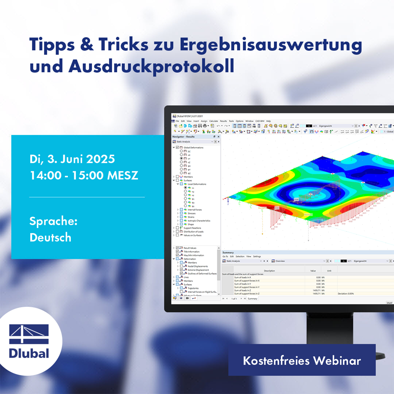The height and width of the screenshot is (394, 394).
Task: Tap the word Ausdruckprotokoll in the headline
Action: (x=151, y=66)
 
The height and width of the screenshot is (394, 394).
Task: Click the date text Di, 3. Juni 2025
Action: (x=72, y=159)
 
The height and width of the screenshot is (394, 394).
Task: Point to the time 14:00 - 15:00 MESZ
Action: (x=84, y=176)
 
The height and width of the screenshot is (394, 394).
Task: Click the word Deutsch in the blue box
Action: (x=50, y=238)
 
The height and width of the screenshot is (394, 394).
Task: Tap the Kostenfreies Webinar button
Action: (x=302, y=360)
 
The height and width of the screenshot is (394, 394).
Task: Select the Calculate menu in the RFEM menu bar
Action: (x=214, y=121)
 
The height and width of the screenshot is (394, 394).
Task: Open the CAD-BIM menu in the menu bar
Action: (x=260, y=121)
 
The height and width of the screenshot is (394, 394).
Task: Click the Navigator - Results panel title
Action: (x=183, y=136)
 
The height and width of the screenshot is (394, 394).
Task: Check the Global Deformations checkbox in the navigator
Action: (x=178, y=147)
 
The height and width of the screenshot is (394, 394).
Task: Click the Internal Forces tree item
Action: (x=195, y=210)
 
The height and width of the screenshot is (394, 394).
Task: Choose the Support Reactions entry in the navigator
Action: (x=193, y=228)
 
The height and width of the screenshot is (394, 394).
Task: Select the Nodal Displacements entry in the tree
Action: (x=198, y=266)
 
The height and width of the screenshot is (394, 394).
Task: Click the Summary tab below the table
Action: (x=252, y=299)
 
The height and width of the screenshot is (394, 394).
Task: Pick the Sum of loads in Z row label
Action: (x=242, y=291)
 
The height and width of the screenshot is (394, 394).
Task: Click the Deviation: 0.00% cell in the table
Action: (x=346, y=294)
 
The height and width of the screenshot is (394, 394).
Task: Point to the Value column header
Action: (x=313, y=271)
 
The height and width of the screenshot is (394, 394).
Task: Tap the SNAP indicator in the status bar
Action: (x=389, y=303)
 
